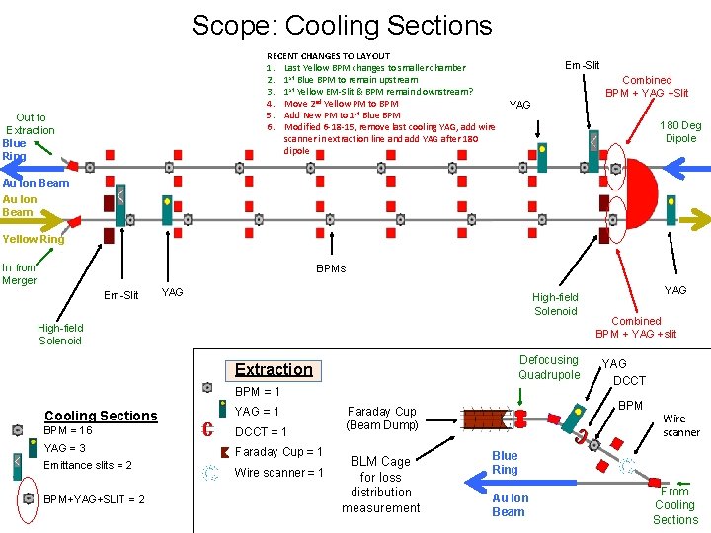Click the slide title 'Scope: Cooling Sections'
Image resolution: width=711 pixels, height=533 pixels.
tap(341, 25)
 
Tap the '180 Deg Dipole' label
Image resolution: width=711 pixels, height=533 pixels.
tap(680, 132)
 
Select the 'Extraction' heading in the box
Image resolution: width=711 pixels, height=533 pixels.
tap(274, 369)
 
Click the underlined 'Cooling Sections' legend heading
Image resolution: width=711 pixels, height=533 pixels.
tap(101, 416)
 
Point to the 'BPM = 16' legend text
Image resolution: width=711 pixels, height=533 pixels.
tap(68, 431)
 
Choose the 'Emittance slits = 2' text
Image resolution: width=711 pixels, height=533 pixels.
tap(88, 465)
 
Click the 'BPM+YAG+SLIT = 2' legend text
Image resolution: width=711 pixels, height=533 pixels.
tap(95, 499)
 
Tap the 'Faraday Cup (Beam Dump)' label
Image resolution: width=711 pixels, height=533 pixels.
tap(381, 418)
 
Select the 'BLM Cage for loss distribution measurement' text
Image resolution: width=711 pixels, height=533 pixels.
tap(380, 484)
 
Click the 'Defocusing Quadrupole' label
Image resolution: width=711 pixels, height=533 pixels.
tap(549, 367)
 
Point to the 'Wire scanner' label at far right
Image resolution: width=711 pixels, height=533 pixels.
tap(680, 425)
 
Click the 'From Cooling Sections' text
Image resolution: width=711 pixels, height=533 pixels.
tap(675, 505)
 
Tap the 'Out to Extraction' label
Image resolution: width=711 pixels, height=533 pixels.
tap(31, 124)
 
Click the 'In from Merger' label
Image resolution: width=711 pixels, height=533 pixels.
tap(19, 273)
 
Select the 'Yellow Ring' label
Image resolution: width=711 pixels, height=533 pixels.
tap(34, 239)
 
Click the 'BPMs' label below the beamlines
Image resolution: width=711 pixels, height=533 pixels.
tap(330, 268)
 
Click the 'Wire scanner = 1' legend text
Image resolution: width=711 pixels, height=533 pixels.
tap(278, 473)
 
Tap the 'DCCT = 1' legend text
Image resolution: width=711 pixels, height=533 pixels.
tap(261, 431)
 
